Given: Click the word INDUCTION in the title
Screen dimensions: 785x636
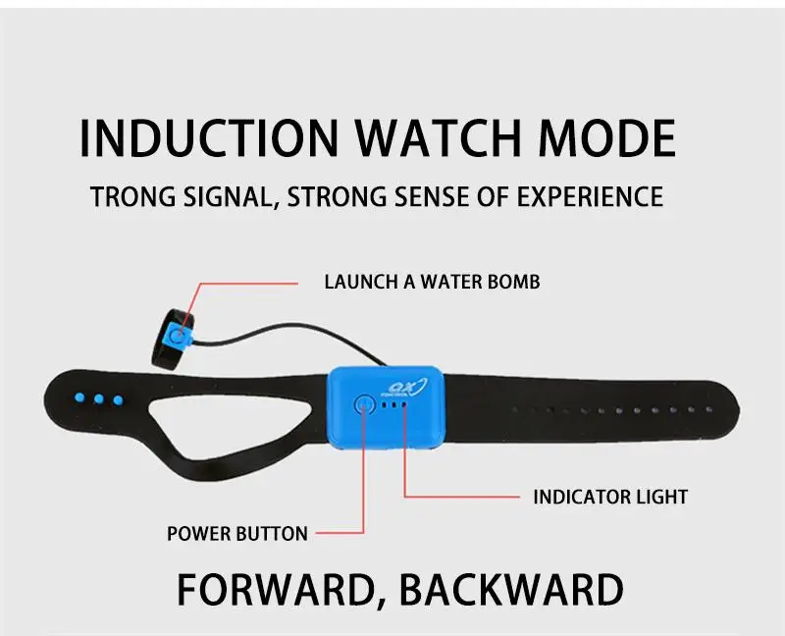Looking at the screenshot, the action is (209, 138).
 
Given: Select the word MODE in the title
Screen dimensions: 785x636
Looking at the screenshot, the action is (607, 138).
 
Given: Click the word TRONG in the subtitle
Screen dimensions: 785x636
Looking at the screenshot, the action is (133, 196).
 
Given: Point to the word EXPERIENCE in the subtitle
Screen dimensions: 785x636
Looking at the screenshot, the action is (591, 196).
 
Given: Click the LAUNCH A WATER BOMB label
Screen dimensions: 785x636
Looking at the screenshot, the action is (432, 282).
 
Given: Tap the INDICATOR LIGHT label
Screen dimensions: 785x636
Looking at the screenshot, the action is (610, 497).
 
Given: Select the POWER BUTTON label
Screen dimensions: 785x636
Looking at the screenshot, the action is (237, 534).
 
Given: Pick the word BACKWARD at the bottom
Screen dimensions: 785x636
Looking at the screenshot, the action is (511, 590).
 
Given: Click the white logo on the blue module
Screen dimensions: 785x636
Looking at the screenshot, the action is (407, 387).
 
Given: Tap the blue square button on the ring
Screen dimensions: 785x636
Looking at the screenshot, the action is (179, 335).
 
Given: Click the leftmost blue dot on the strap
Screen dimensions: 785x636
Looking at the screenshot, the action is (79, 398).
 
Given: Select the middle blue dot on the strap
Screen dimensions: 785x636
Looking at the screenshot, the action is (99, 399).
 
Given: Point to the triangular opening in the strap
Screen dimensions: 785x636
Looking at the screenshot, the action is (231, 422).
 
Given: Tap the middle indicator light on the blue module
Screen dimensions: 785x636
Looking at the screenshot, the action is (394, 404).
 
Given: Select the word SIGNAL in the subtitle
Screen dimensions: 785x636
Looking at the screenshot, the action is (231, 196).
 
